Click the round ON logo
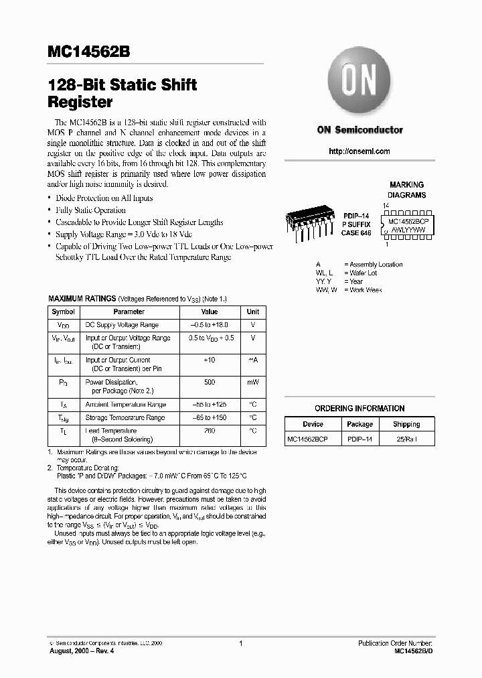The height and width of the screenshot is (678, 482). (360, 83)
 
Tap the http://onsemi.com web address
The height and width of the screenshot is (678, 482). (359, 151)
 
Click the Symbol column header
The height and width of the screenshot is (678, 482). (64, 312)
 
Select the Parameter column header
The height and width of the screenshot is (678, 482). (129, 312)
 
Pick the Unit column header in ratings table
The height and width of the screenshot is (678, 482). (252, 312)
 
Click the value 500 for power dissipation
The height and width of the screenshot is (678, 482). (210, 382)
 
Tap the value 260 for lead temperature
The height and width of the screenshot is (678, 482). (210, 431)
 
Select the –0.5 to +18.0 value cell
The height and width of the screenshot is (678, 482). (210, 325)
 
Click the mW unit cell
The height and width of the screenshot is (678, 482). (252, 382)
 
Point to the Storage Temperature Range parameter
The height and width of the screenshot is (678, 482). (125, 417)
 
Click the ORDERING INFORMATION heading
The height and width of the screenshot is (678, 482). (359, 408)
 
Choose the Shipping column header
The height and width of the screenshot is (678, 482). (406, 424)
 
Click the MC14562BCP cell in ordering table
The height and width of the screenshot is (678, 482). (307, 439)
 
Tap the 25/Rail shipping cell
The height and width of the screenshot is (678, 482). (406, 439)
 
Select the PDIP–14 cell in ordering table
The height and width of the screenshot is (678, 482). (359, 439)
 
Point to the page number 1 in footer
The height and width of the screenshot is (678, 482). (240, 643)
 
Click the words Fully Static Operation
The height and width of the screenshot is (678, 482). (90, 210)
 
